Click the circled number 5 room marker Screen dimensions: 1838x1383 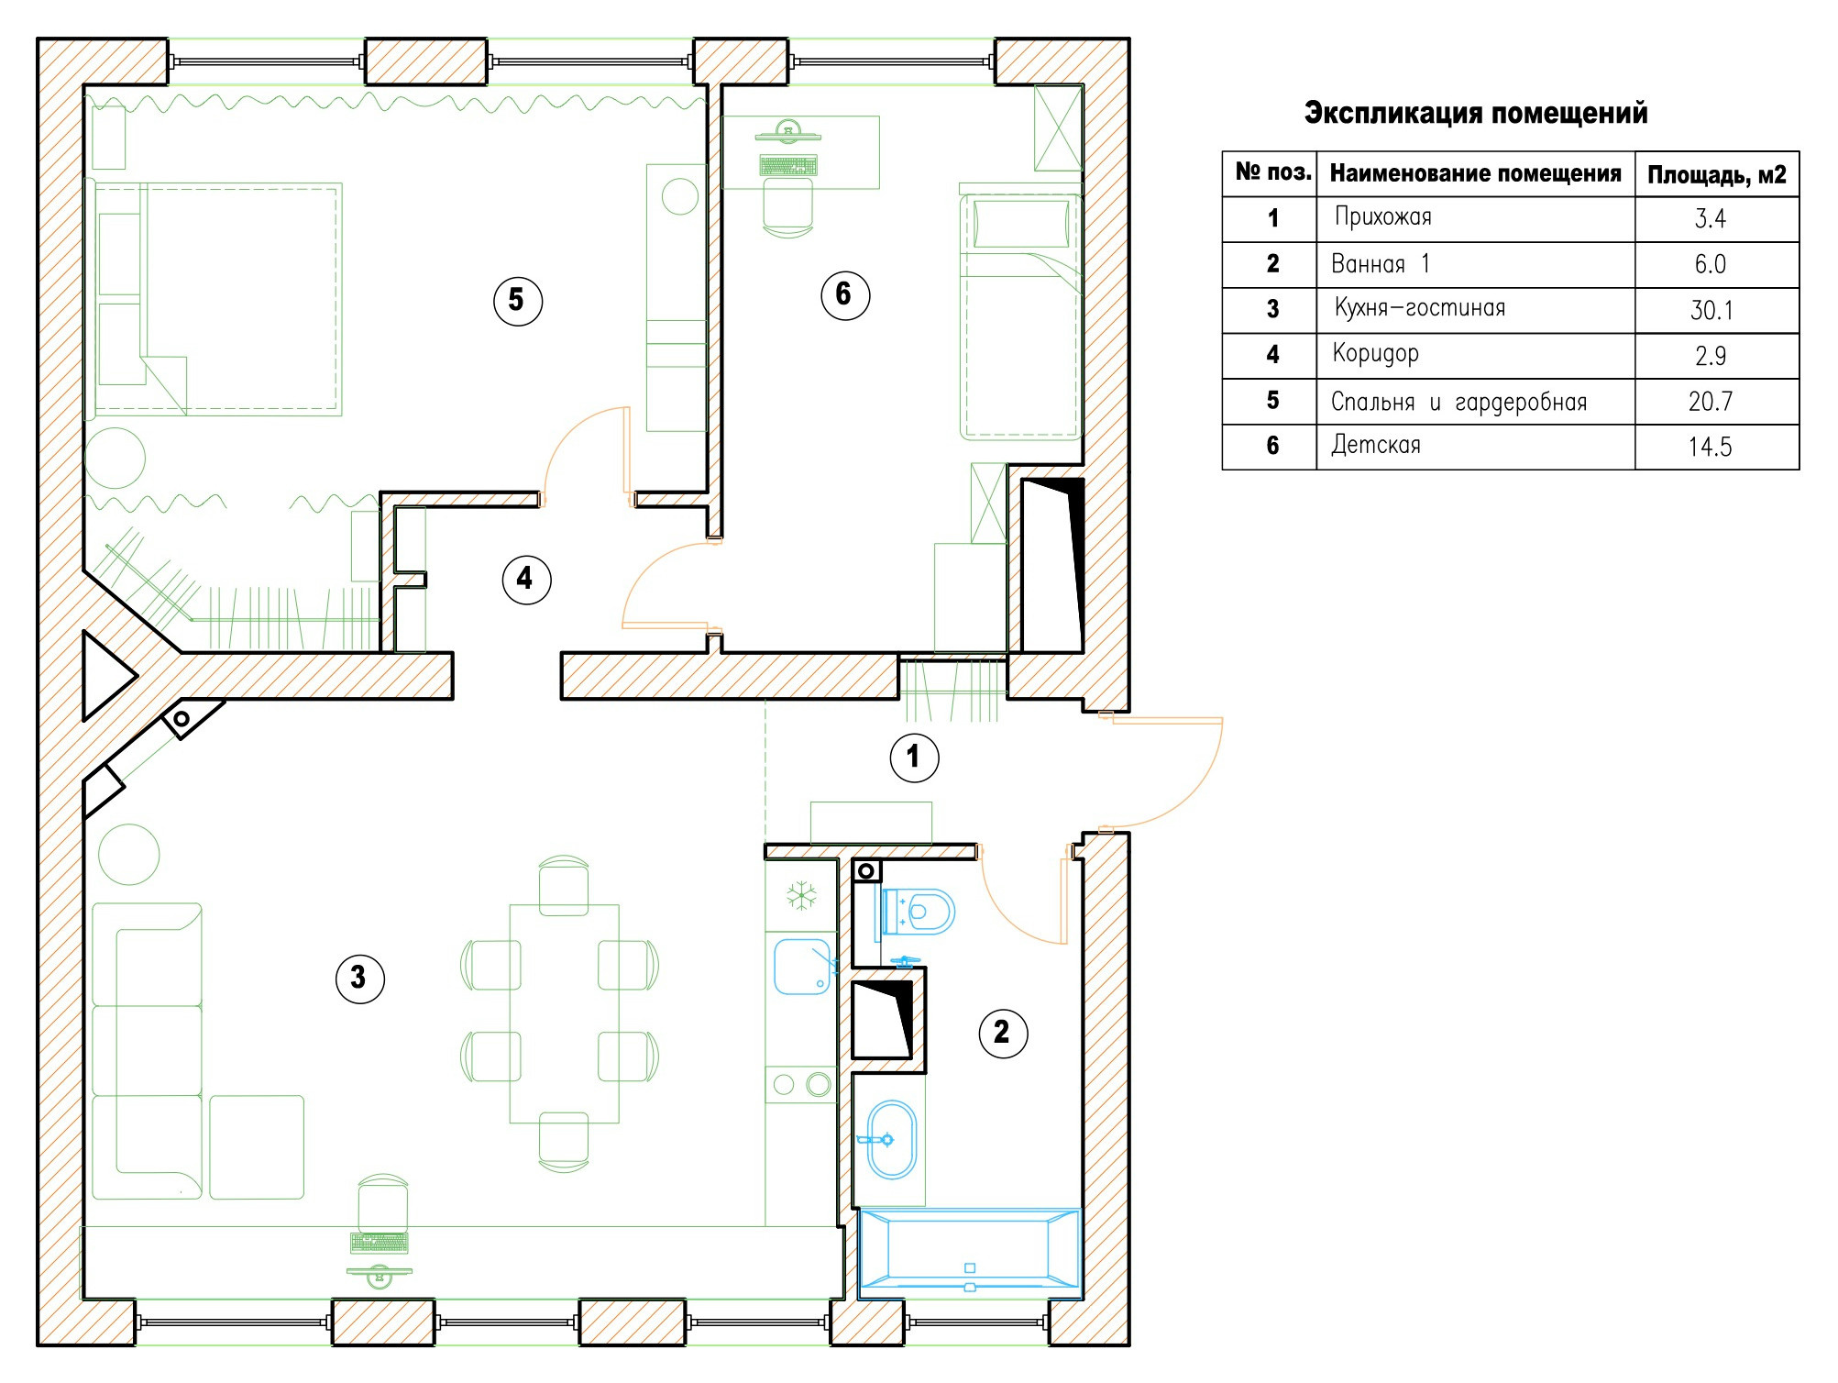coord(518,301)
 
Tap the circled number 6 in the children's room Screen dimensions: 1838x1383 coord(845,295)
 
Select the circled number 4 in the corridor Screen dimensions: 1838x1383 coord(527,579)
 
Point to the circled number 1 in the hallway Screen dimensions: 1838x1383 coord(915,758)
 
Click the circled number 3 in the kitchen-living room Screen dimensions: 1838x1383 coord(360,979)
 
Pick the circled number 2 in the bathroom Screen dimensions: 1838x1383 coord(1004,1034)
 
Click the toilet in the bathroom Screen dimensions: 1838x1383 coord(918,911)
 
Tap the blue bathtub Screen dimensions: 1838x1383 coord(970,1252)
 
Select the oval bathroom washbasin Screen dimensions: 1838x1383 coord(891,1140)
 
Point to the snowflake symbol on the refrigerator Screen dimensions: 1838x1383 coord(801,896)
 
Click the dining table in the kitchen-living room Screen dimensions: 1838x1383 coord(564,1013)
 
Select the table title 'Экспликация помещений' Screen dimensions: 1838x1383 coord(1476,113)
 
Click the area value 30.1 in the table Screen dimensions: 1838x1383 coord(1711,310)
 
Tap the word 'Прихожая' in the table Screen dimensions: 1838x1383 coord(1383,217)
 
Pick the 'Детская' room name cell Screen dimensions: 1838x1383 coord(1376,446)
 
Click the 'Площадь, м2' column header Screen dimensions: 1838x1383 coord(1717,174)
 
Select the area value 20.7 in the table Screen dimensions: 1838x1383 coord(1711,402)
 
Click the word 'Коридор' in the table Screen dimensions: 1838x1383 coord(1376,354)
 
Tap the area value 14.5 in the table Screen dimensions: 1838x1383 coord(1711,447)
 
